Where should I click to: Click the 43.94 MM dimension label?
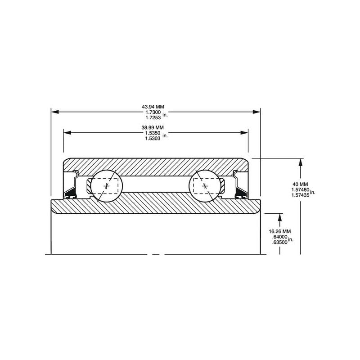coord(153,107)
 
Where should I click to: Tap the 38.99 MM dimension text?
coord(153,127)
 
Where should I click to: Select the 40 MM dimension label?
coord(300,184)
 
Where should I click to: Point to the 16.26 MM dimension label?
coord(279,231)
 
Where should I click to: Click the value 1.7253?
coord(153,117)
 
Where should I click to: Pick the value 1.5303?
coord(153,139)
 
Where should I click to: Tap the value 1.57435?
coord(300,195)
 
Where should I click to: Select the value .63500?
coord(279,242)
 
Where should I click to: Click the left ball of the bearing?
coord(107,186)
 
